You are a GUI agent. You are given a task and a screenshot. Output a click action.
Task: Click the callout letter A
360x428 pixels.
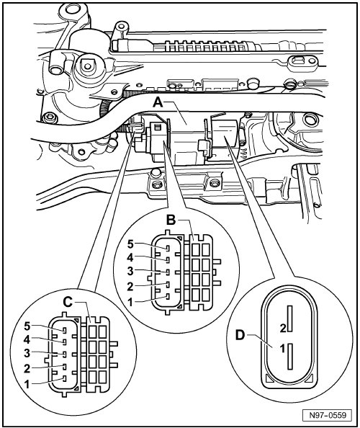click(158, 103)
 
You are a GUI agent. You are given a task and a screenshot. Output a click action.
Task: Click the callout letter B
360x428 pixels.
click(171, 220)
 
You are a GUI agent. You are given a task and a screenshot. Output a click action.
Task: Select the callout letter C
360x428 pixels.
click(68, 302)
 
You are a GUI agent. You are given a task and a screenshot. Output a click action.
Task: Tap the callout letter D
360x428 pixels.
click(240, 335)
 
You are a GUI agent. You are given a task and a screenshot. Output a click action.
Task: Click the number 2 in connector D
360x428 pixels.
click(283, 329)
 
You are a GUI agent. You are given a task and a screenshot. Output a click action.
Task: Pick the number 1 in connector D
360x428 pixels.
click(283, 349)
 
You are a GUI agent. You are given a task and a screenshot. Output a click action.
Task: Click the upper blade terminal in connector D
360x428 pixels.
click(289, 318)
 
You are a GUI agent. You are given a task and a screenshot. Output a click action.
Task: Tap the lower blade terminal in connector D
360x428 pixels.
click(289, 356)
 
